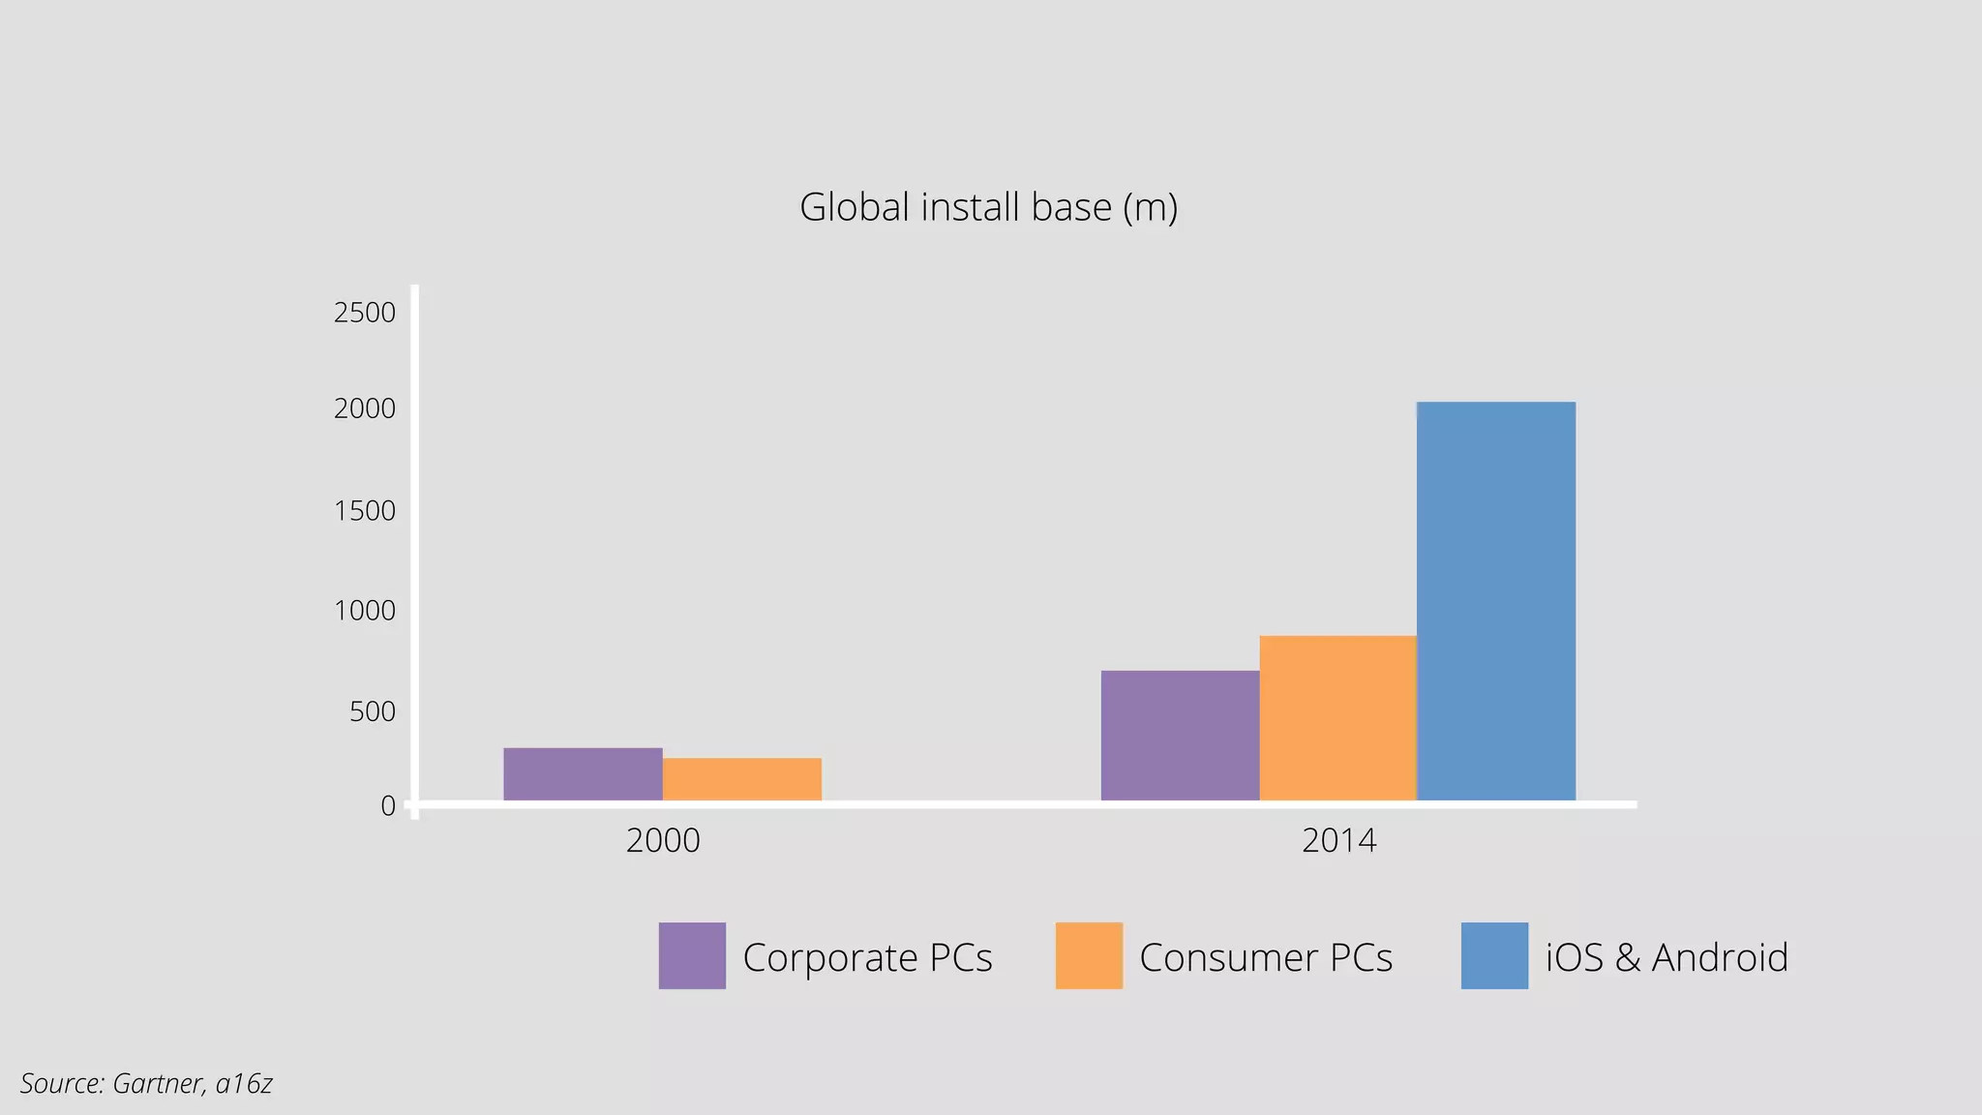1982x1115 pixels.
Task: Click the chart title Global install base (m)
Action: click(x=988, y=207)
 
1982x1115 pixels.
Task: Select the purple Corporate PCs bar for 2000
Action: click(x=583, y=773)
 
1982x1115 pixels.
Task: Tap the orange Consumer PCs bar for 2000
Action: click(x=742, y=778)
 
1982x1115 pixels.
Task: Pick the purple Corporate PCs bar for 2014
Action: click(x=1180, y=735)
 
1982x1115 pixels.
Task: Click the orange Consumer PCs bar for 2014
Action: click(x=1337, y=717)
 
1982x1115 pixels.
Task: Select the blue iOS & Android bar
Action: click(x=1495, y=600)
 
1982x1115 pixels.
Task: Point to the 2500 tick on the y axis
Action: click(x=365, y=313)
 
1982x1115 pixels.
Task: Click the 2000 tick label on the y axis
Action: click(x=365, y=408)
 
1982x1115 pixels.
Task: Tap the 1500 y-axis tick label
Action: click(x=365, y=510)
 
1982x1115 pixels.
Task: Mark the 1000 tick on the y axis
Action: click(x=365, y=611)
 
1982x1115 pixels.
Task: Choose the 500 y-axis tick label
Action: click(x=373, y=711)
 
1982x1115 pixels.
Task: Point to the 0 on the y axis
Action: click(x=388, y=805)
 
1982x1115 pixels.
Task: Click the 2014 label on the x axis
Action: click(x=1338, y=840)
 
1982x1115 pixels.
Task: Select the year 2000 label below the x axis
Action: click(x=663, y=840)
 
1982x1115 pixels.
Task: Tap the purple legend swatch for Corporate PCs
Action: click(x=692, y=955)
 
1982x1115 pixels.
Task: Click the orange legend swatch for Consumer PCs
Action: click(x=1089, y=955)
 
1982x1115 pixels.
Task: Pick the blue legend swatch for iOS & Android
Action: click(x=1494, y=955)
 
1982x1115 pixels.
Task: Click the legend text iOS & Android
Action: click(x=1667, y=957)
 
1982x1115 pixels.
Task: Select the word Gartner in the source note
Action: click(x=157, y=1083)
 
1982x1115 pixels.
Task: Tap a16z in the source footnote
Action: click(x=244, y=1083)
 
